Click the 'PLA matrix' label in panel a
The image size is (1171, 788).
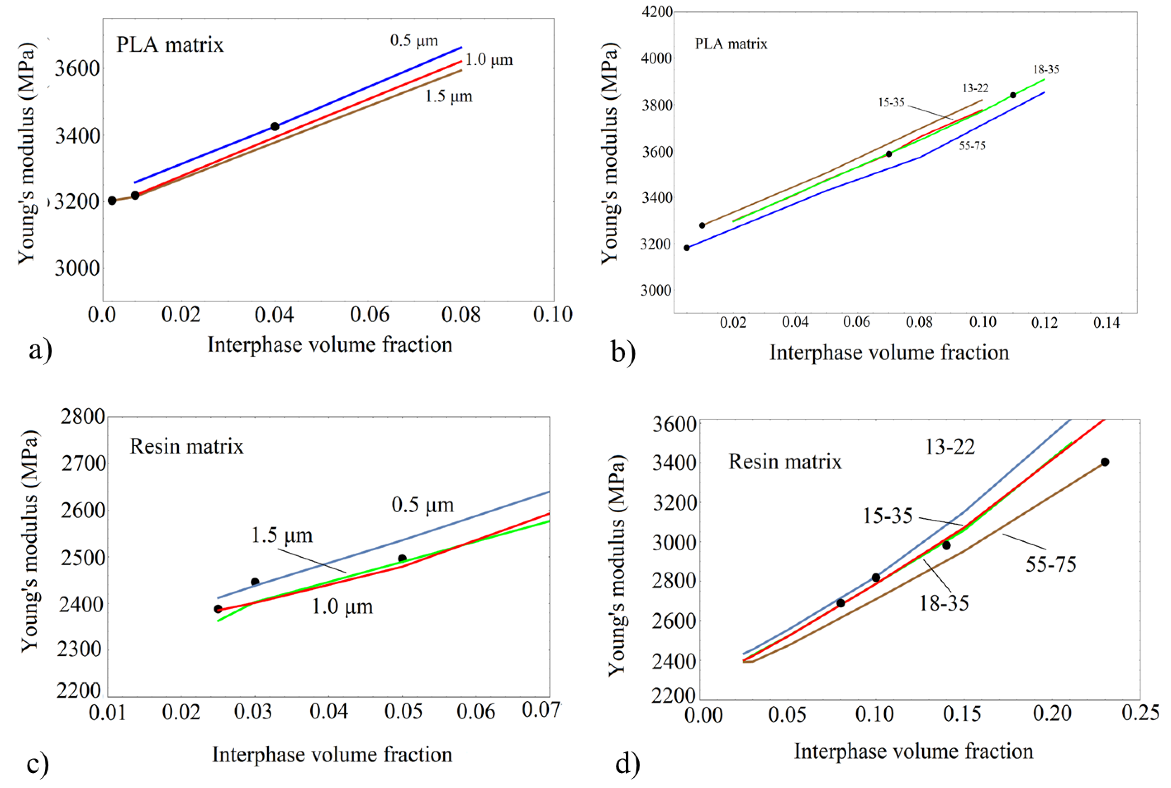[170, 45]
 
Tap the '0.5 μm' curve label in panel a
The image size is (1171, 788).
[414, 40]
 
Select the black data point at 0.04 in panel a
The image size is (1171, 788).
[275, 127]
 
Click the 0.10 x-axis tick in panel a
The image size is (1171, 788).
[552, 315]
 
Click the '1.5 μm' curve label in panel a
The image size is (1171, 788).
[448, 96]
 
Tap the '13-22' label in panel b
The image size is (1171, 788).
[975, 88]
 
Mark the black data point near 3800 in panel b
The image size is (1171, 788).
[1013, 95]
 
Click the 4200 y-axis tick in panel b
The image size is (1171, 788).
[656, 12]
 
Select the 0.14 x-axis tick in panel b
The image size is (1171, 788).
[1107, 323]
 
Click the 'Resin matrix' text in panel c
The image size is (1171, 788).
[186, 446]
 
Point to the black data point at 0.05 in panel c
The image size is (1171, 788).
[402, 558]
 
